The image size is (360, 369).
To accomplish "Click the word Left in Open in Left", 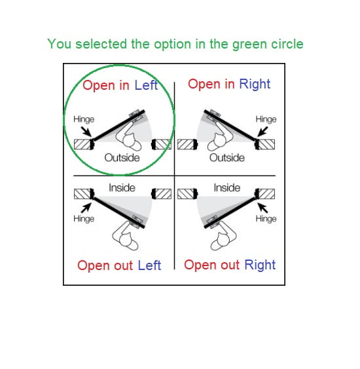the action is pos(146,85).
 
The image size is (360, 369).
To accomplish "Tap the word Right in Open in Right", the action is pos(255,85).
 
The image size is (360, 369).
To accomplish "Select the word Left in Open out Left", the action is pos(149,265).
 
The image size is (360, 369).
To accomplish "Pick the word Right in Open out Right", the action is pos(260,265).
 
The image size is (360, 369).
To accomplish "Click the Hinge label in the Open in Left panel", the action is pos(84,119).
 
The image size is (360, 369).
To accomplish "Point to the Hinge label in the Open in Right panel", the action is pos(266,119).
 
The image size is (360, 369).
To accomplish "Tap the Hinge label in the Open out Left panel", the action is pos(84,219).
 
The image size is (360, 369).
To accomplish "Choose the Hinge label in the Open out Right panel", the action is pos(266,219).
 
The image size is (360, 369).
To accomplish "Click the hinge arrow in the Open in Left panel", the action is pos(86,132).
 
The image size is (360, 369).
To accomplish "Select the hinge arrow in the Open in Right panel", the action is pos(262,132).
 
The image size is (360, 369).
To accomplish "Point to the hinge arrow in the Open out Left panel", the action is pos(86,208).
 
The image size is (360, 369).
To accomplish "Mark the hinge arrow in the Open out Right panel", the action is pos(262,208).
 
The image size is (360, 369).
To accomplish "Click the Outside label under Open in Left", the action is pos(122,158).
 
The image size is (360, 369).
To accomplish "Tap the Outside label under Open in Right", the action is pos(227,158).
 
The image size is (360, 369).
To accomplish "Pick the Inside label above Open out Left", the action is pos(122,188).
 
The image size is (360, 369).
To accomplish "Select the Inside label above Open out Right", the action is pos(227,188).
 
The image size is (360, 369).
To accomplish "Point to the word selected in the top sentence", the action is pos(101,44).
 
